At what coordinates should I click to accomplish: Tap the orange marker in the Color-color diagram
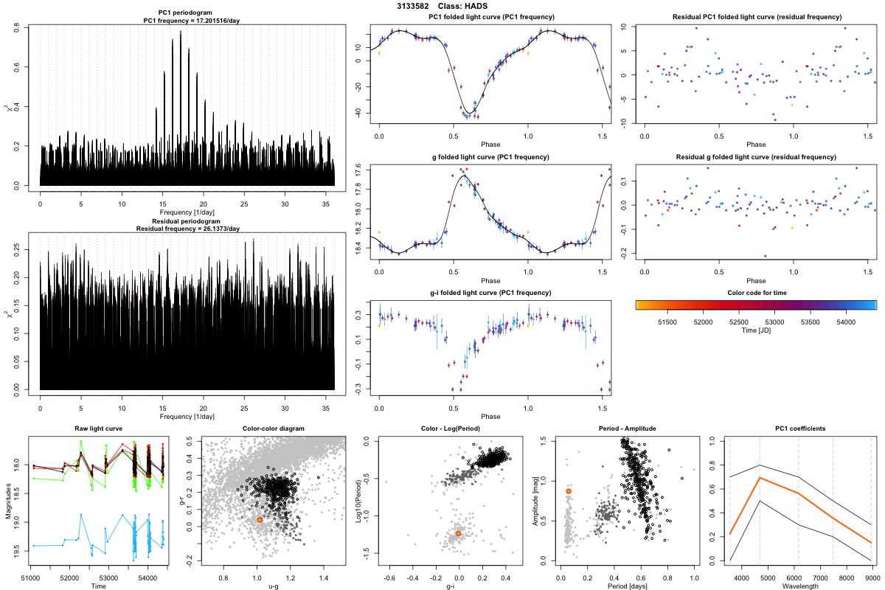(260, 520)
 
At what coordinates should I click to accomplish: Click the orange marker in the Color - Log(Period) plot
(459, 533)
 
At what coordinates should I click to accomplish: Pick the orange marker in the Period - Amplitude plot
(569, 491)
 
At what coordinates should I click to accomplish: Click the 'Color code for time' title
(756, 293)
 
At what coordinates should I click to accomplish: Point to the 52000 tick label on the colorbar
(703, 322)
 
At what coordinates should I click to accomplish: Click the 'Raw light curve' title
(98, 429)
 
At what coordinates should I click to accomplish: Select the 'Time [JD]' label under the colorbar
(756, 331)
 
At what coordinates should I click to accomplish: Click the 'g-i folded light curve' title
(490, 293)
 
